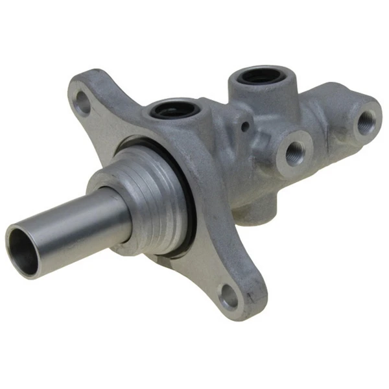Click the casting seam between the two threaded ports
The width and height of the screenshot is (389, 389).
(327, 139)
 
